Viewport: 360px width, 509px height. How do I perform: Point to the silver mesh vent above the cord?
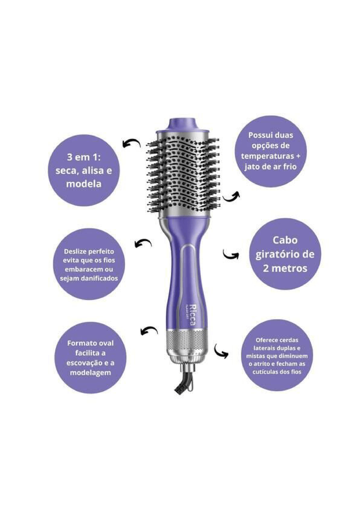point(187,341)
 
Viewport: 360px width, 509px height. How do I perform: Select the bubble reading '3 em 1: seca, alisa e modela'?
point(84,171)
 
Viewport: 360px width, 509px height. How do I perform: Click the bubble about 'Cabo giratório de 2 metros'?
point(285,254)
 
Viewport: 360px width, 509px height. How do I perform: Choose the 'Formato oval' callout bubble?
point(90,357)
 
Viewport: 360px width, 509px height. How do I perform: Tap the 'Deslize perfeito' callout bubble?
point(89,264)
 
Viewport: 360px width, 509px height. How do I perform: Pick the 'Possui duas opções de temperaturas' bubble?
point(270,151)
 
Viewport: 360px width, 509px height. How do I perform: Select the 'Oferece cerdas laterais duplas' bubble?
point(277,356)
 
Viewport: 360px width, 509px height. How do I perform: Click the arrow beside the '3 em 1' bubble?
point(131,144)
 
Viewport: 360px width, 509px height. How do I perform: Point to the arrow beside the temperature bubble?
point(231,196)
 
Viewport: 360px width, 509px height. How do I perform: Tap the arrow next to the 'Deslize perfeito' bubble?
point(143,243)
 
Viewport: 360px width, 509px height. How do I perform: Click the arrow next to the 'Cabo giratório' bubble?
point(231,255)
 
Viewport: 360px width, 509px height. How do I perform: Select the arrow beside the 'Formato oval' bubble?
point(149,330)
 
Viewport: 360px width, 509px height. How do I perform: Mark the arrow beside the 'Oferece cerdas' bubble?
point(220,351)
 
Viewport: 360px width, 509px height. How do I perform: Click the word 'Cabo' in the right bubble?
point(285,240)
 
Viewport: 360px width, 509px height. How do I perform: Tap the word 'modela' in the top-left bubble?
point(84,184)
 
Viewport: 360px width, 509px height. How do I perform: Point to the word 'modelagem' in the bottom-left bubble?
point(90,372)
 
